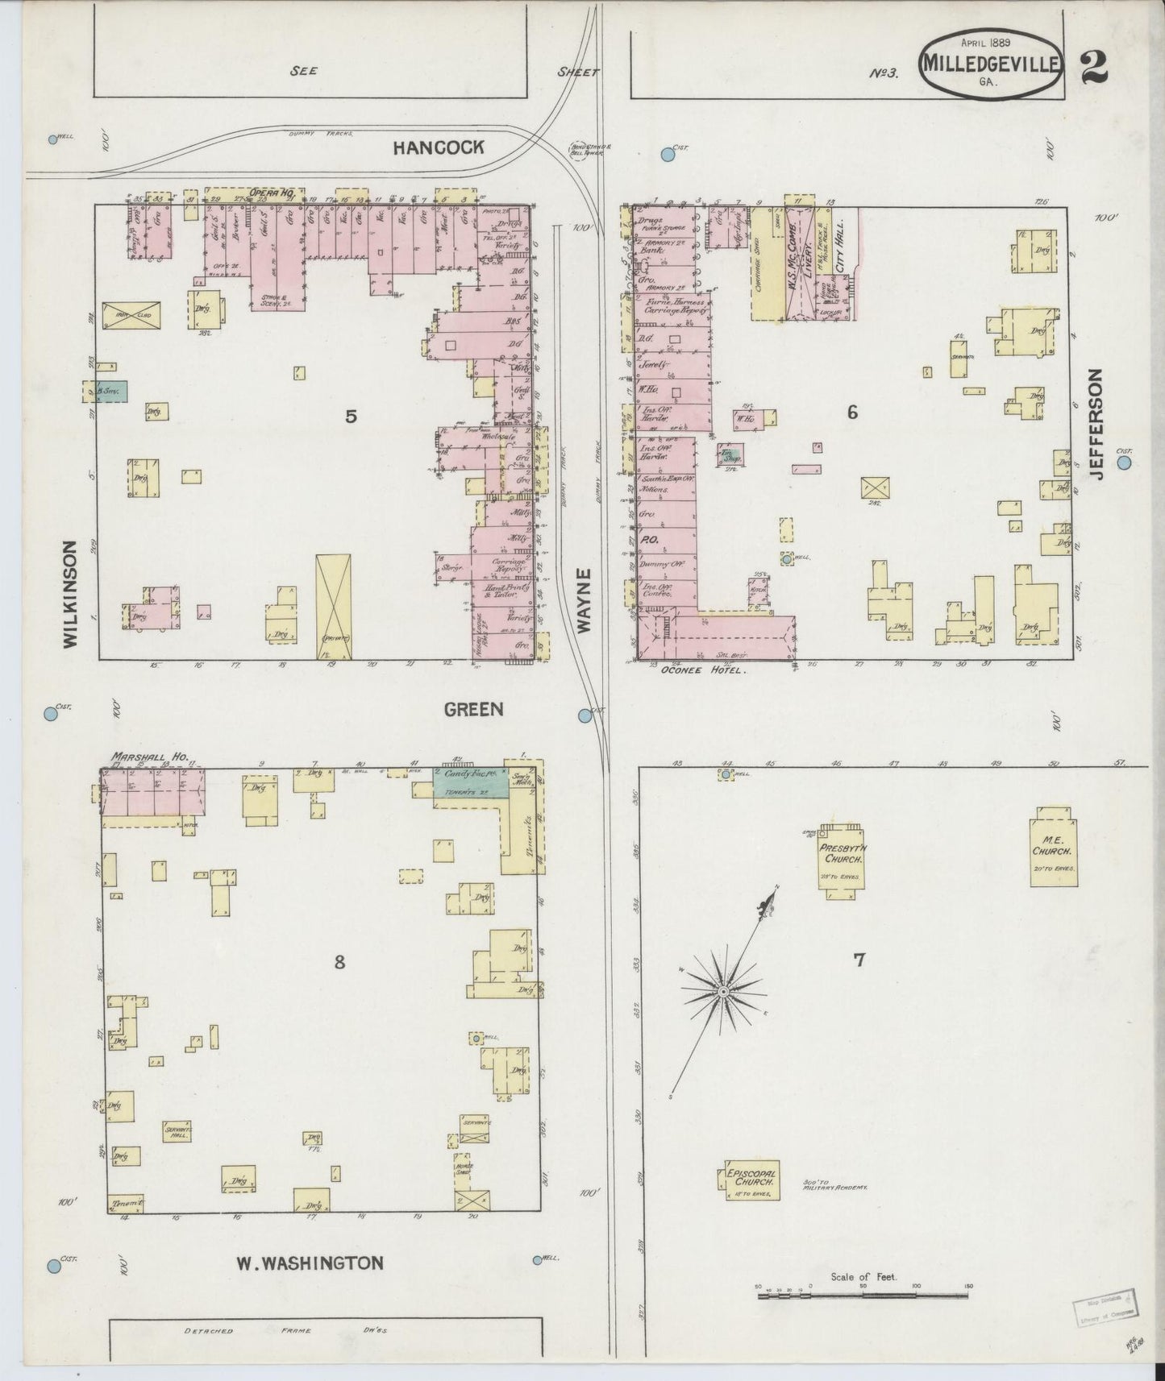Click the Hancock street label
(x=439, y=147)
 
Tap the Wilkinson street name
(x=70, y=593)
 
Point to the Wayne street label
(x=585, y=599)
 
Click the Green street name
(x=473, y=709)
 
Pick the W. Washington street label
(x=310, y=1263)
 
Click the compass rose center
(x=723, y=990)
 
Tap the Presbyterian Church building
(x=842, y=862)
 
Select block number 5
(x=351, y=416)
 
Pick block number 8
(x=339, y=961)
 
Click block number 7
(x=859, y=960)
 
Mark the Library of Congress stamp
(x=1103, y=1306)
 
